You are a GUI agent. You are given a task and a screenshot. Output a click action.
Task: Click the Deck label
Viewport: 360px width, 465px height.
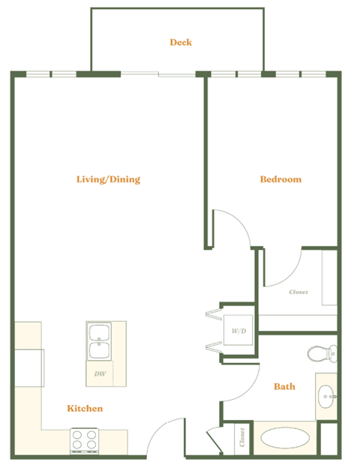(181, 42)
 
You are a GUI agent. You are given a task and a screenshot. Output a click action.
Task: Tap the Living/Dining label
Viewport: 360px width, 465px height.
(109, 179)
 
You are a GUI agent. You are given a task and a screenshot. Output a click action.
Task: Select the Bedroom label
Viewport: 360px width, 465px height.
(280, 179)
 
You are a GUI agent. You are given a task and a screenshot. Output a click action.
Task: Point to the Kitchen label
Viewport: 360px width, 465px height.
(85, 408)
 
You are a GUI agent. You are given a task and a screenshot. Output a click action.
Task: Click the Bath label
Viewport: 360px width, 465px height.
(284, 386)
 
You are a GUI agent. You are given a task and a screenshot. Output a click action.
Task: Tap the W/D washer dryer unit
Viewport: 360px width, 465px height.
(238, 329)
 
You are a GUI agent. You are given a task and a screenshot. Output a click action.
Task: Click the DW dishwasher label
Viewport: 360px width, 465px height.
(99, 373)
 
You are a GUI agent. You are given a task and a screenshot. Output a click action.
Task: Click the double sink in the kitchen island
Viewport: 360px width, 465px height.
(99, 342)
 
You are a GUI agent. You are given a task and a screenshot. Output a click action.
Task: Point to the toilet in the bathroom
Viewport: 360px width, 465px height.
(323, 352)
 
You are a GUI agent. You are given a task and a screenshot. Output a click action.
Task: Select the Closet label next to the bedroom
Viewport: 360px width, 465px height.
(298, 292)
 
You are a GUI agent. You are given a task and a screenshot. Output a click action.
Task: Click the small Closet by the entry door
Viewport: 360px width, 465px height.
(241, 439)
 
